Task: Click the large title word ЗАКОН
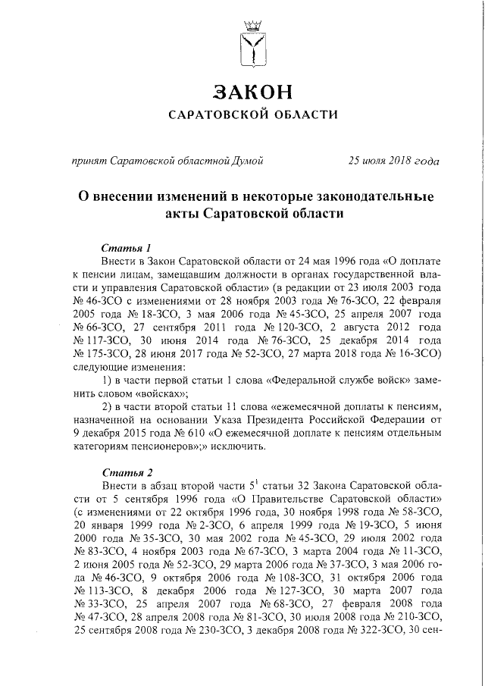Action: point(252,92)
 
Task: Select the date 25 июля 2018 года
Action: point(393,160)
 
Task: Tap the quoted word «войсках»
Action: point(160,393)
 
